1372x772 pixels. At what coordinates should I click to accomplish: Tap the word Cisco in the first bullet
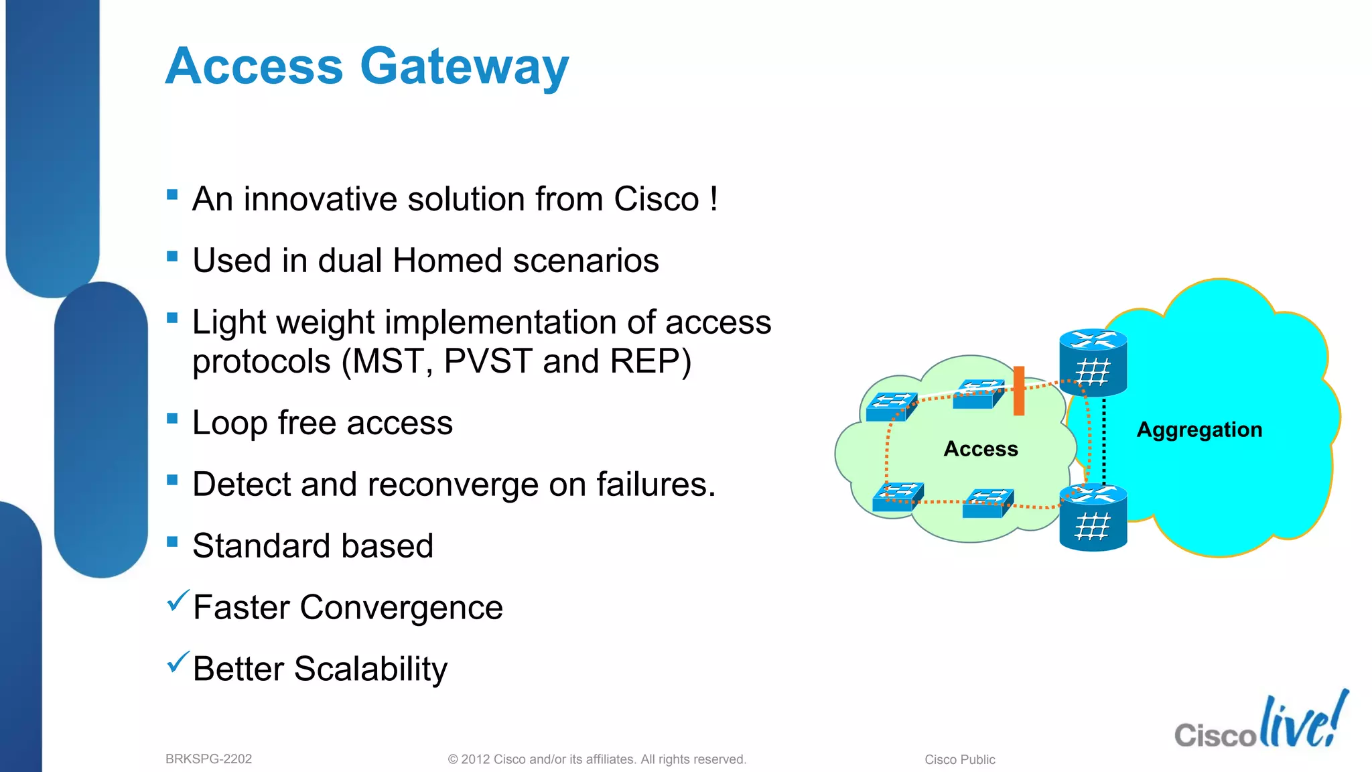click(656, 199)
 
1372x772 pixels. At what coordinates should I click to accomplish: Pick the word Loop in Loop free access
click(229, 423)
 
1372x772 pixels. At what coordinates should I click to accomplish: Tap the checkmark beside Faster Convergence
click(178, 601)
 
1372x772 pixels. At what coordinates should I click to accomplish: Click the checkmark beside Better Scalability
click(178, 663)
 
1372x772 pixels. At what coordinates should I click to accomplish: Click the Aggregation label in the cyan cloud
click(1199, 430)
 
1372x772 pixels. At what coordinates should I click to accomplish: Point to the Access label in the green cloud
click(980, 449)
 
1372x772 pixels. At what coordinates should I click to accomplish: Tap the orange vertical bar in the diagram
click(1019, 391)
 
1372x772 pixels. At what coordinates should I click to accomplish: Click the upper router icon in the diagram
click(1093, 363)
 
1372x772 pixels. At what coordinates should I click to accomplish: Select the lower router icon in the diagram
click(1093, 517)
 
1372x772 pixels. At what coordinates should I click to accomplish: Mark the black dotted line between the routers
click(1104, 439)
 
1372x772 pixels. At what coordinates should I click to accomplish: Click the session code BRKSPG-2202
click(208, 759)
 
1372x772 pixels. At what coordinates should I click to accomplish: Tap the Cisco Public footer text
click(959, 759)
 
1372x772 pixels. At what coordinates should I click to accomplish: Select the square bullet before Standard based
click(172, 541)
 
